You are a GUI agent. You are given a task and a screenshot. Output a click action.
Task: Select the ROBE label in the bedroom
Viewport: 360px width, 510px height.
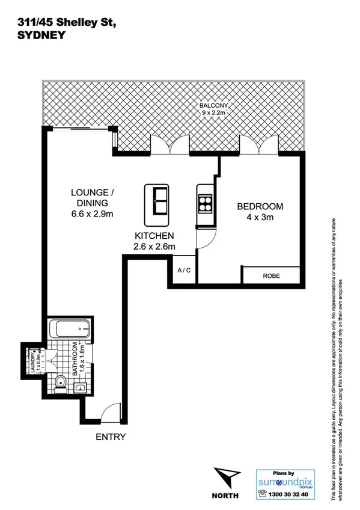point(271,276)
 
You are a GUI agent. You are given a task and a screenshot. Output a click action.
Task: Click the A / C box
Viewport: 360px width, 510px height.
point(184,271)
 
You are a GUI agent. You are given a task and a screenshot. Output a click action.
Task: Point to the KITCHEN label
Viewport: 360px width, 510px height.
point(154,235)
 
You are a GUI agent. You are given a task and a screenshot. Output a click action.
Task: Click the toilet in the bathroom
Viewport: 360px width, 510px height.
point(61,382)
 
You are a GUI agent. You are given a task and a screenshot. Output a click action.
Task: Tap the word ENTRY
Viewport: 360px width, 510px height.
point(111,437)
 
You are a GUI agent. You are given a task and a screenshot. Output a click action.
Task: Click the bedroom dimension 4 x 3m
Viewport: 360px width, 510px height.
point(260,217)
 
